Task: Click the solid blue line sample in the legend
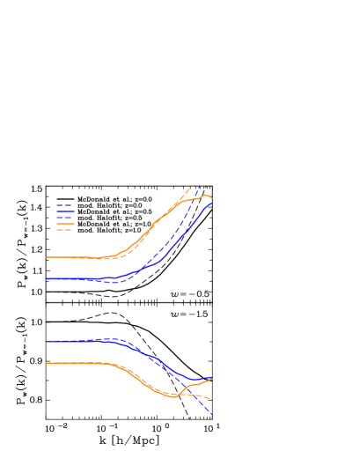pos(65,211)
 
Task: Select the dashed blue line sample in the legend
pos(65,218)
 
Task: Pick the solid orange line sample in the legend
pos(65,224)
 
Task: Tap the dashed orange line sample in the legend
pos(65,230)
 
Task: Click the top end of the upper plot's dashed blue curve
pos(200,186)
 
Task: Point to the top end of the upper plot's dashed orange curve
pos(190,186)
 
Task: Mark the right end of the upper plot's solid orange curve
pos(212,196)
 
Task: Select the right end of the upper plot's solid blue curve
pos(212,203)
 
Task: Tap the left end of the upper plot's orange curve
pos(46,257)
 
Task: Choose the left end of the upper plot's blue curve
pos(46,278)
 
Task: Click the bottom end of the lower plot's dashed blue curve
pos(212,414)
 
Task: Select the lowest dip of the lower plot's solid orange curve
pos(175,396)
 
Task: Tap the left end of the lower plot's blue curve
pos(46,341)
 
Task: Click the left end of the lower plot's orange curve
pos(46,363)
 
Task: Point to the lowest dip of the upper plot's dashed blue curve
pos(119,282)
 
